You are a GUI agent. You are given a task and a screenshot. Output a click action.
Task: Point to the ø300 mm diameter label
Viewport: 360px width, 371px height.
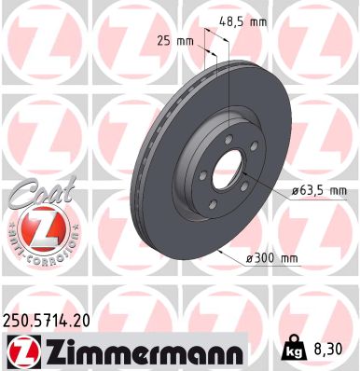tap(270, 256)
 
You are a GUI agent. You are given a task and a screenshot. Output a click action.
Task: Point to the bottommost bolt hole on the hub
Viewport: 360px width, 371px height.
tap(213, 208)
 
